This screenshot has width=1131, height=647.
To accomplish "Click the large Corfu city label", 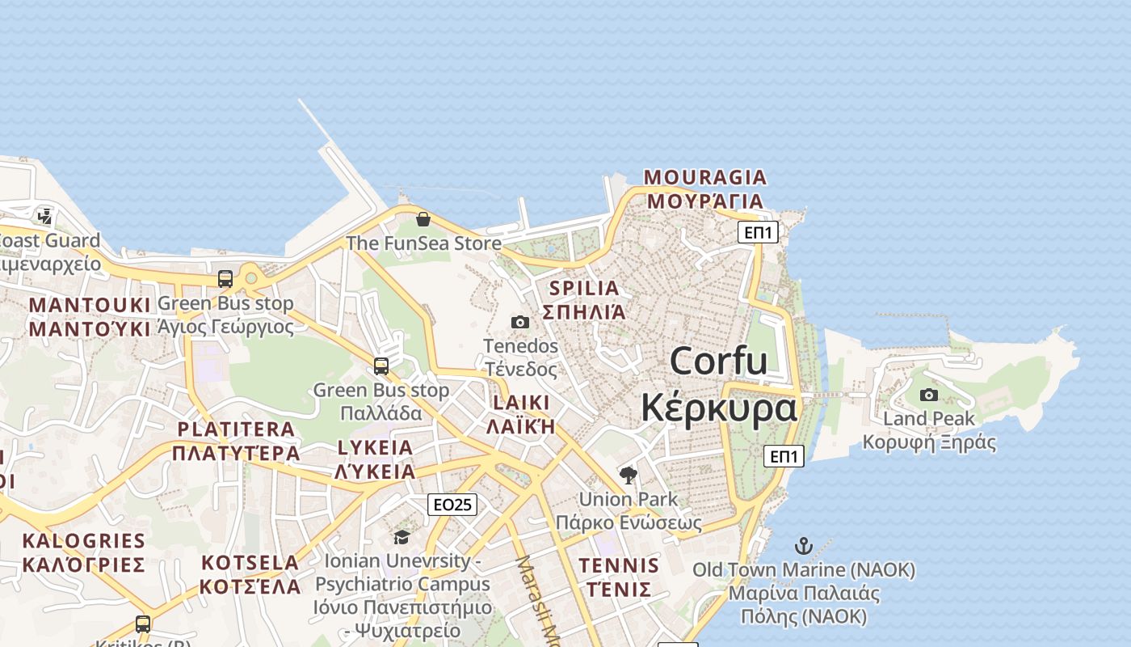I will [719, 383].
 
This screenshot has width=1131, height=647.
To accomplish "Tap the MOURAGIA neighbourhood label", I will [705, 188].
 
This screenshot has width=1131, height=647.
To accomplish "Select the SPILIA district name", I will [584, 300].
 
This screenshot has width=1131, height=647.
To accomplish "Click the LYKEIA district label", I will [375, 459].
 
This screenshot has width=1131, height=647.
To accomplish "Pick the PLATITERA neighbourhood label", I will [236, 441].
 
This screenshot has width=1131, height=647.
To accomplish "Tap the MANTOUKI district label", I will [90, 316].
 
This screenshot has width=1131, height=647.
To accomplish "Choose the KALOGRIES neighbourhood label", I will [83, 552].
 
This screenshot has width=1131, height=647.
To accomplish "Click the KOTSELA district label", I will [250, 574].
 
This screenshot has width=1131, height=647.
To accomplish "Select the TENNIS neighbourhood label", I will [619, 577].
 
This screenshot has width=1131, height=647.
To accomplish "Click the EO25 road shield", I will [452, 505].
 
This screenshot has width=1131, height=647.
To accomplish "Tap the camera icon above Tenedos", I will [520, 322].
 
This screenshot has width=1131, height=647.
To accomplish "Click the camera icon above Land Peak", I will [929, 395].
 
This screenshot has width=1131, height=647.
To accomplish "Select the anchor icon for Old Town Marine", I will [803, 546].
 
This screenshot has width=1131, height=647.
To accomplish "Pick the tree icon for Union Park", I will [629, 475].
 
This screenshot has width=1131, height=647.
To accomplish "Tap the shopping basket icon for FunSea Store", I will [423, 219].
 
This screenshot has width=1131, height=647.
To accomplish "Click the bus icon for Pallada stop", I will [381, 366].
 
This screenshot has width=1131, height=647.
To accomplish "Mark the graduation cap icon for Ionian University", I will [402, 537].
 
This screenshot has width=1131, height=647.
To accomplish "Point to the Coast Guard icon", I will [44, 216].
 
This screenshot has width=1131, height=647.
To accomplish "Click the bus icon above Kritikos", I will [143, 624].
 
